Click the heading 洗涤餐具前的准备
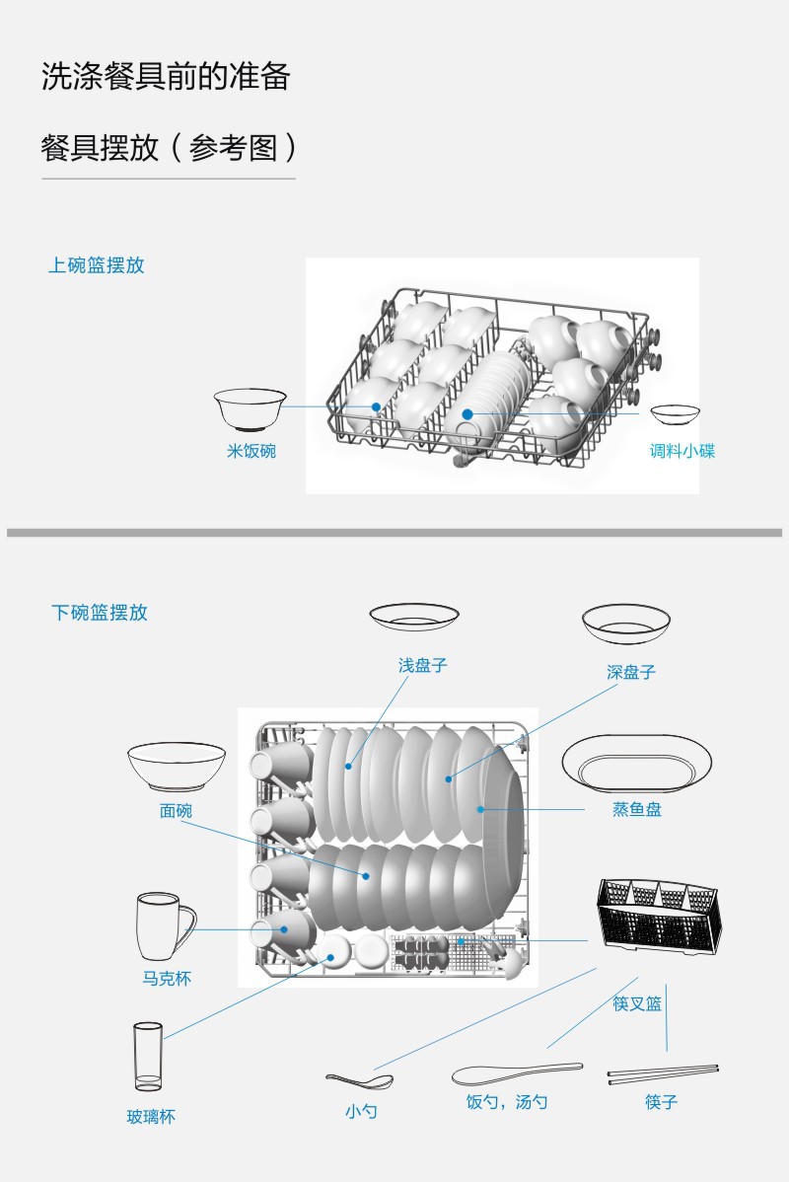(166, 77)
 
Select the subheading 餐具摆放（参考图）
(169, 148)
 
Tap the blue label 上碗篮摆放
(97, 265)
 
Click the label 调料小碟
(682, 451)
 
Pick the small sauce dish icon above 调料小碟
(676, 414)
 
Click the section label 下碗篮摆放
(100, 612)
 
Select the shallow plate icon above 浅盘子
(413, 617)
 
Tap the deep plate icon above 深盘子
(626, 624)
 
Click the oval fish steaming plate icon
(637, 763)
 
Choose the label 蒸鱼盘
(637, 810)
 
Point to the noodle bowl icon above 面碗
(177, 766)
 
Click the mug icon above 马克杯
(166, 926)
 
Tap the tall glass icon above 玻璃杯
(149, 1056)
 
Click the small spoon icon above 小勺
(359, 1081)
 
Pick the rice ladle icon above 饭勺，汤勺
(517, 1073)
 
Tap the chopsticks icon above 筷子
(663, 1074)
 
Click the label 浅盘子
(423, 665)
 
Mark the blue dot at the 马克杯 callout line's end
(284, 929)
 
